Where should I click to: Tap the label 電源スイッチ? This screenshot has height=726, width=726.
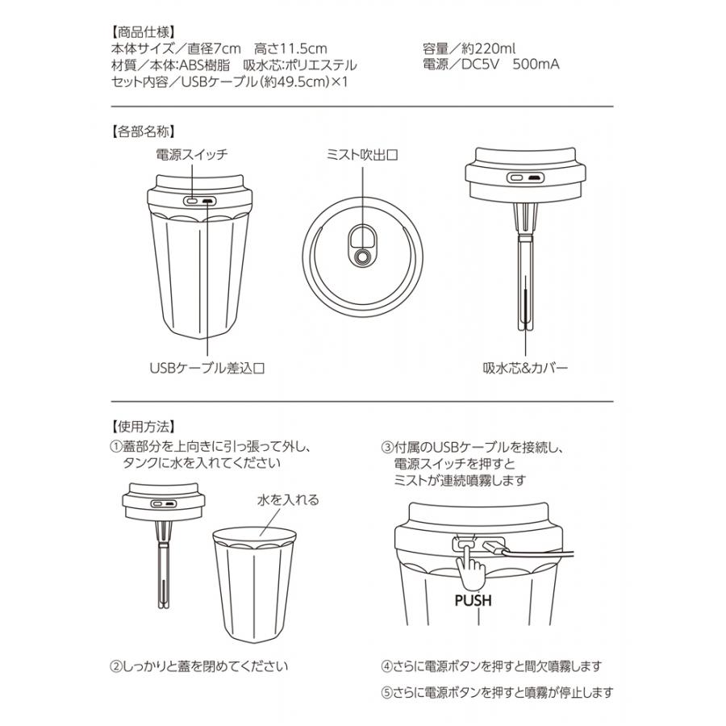(x=192, y=153)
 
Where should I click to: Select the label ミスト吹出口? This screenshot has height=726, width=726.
(x=362, y=153)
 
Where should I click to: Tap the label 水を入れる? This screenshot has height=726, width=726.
(x=289, y=500)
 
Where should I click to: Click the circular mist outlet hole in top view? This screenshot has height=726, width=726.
(x=364, y=256)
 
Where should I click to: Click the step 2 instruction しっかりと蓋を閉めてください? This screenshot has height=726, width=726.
(x=198, y=667)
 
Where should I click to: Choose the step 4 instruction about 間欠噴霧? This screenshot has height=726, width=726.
(x=491, y=667)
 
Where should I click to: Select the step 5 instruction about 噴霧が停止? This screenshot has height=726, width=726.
(x=497, y=692)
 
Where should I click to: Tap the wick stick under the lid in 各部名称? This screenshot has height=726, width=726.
(x=525, y=274)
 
